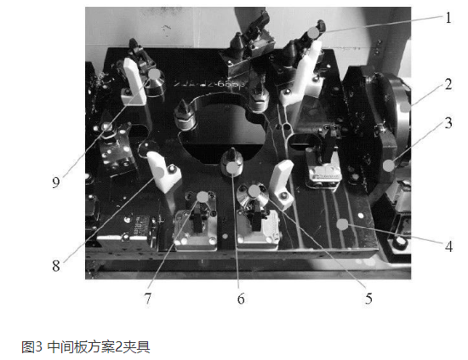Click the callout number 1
click(448, 18)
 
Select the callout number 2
click(448, 84)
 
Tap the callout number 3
click(448, 123)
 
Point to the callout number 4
click(448, 247)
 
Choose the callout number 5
click(368, 299)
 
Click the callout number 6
click(241, 299)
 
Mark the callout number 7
click(148, 299)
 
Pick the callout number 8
click(56, 266)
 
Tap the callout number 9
click(56, 182)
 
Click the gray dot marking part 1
click(313, 32)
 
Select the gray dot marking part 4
click(342, 224)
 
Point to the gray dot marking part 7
click(203, 197)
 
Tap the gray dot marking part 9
click(154, 74)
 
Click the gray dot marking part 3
click(388, 166)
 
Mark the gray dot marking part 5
click(254, 191)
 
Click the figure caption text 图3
click(32, 346)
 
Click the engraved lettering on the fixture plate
click(210, 83)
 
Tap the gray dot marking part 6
click(232, 168)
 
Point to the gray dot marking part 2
click(405, 107)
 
